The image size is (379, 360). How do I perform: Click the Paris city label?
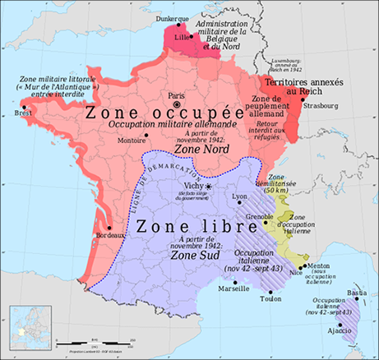pos(176,95)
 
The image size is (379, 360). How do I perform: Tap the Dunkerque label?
pos(178,16)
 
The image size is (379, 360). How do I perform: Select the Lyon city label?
pos(239,196)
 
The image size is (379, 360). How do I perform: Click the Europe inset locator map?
pos(30,329)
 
